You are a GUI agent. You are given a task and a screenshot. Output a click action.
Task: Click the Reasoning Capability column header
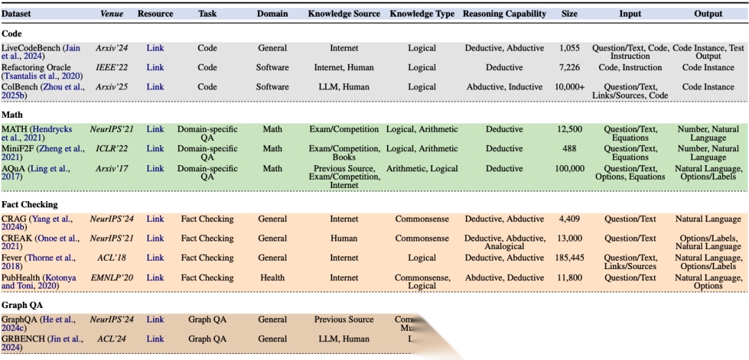tap(504, 14)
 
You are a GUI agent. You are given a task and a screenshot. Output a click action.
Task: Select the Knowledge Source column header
tap(344, 14)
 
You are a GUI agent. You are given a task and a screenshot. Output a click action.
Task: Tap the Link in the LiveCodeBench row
tap(155, 49)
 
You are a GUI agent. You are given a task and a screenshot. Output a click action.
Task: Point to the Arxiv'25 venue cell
tap(111, 87)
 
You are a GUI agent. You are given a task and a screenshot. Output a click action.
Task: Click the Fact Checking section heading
tap(30, 205)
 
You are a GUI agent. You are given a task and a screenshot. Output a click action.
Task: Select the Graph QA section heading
tap(23, 305)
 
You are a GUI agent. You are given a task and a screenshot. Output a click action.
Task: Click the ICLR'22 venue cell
tap(111, 149)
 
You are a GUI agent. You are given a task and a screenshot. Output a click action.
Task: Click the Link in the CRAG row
tap(155, 219)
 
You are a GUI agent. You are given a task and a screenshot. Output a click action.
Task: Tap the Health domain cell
tap(273, 278)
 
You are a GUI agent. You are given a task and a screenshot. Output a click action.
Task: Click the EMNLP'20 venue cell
tap(111, 278)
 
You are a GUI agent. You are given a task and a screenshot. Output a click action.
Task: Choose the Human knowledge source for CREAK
tap(344, 239)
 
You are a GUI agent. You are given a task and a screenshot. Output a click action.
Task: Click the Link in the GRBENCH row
tap(155, 339)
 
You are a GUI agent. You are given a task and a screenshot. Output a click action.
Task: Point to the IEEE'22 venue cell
tap(111, 68)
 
